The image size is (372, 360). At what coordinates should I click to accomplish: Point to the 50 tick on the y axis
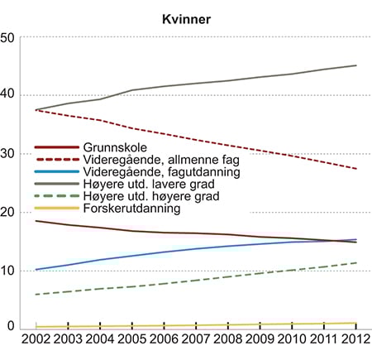click(x=8, y=37)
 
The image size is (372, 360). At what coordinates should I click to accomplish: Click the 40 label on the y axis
click(x=8, y=95)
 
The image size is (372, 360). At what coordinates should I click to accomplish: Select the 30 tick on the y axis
click(x=8, y=154)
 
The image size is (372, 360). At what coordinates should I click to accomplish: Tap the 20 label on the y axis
click(x=8, y=212)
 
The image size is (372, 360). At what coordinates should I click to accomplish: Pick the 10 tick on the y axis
click(x=8, y=271)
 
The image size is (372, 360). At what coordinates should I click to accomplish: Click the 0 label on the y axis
click(x=12, y=328)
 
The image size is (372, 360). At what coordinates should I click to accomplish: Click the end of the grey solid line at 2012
click(x=356, y=65)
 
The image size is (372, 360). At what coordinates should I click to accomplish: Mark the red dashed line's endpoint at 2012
click(x=356, y=169)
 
